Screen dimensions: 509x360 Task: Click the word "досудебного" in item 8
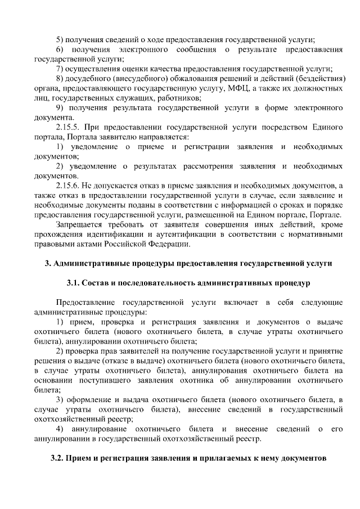[x=91, y=78]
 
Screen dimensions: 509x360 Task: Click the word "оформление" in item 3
[x=92, y=399]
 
